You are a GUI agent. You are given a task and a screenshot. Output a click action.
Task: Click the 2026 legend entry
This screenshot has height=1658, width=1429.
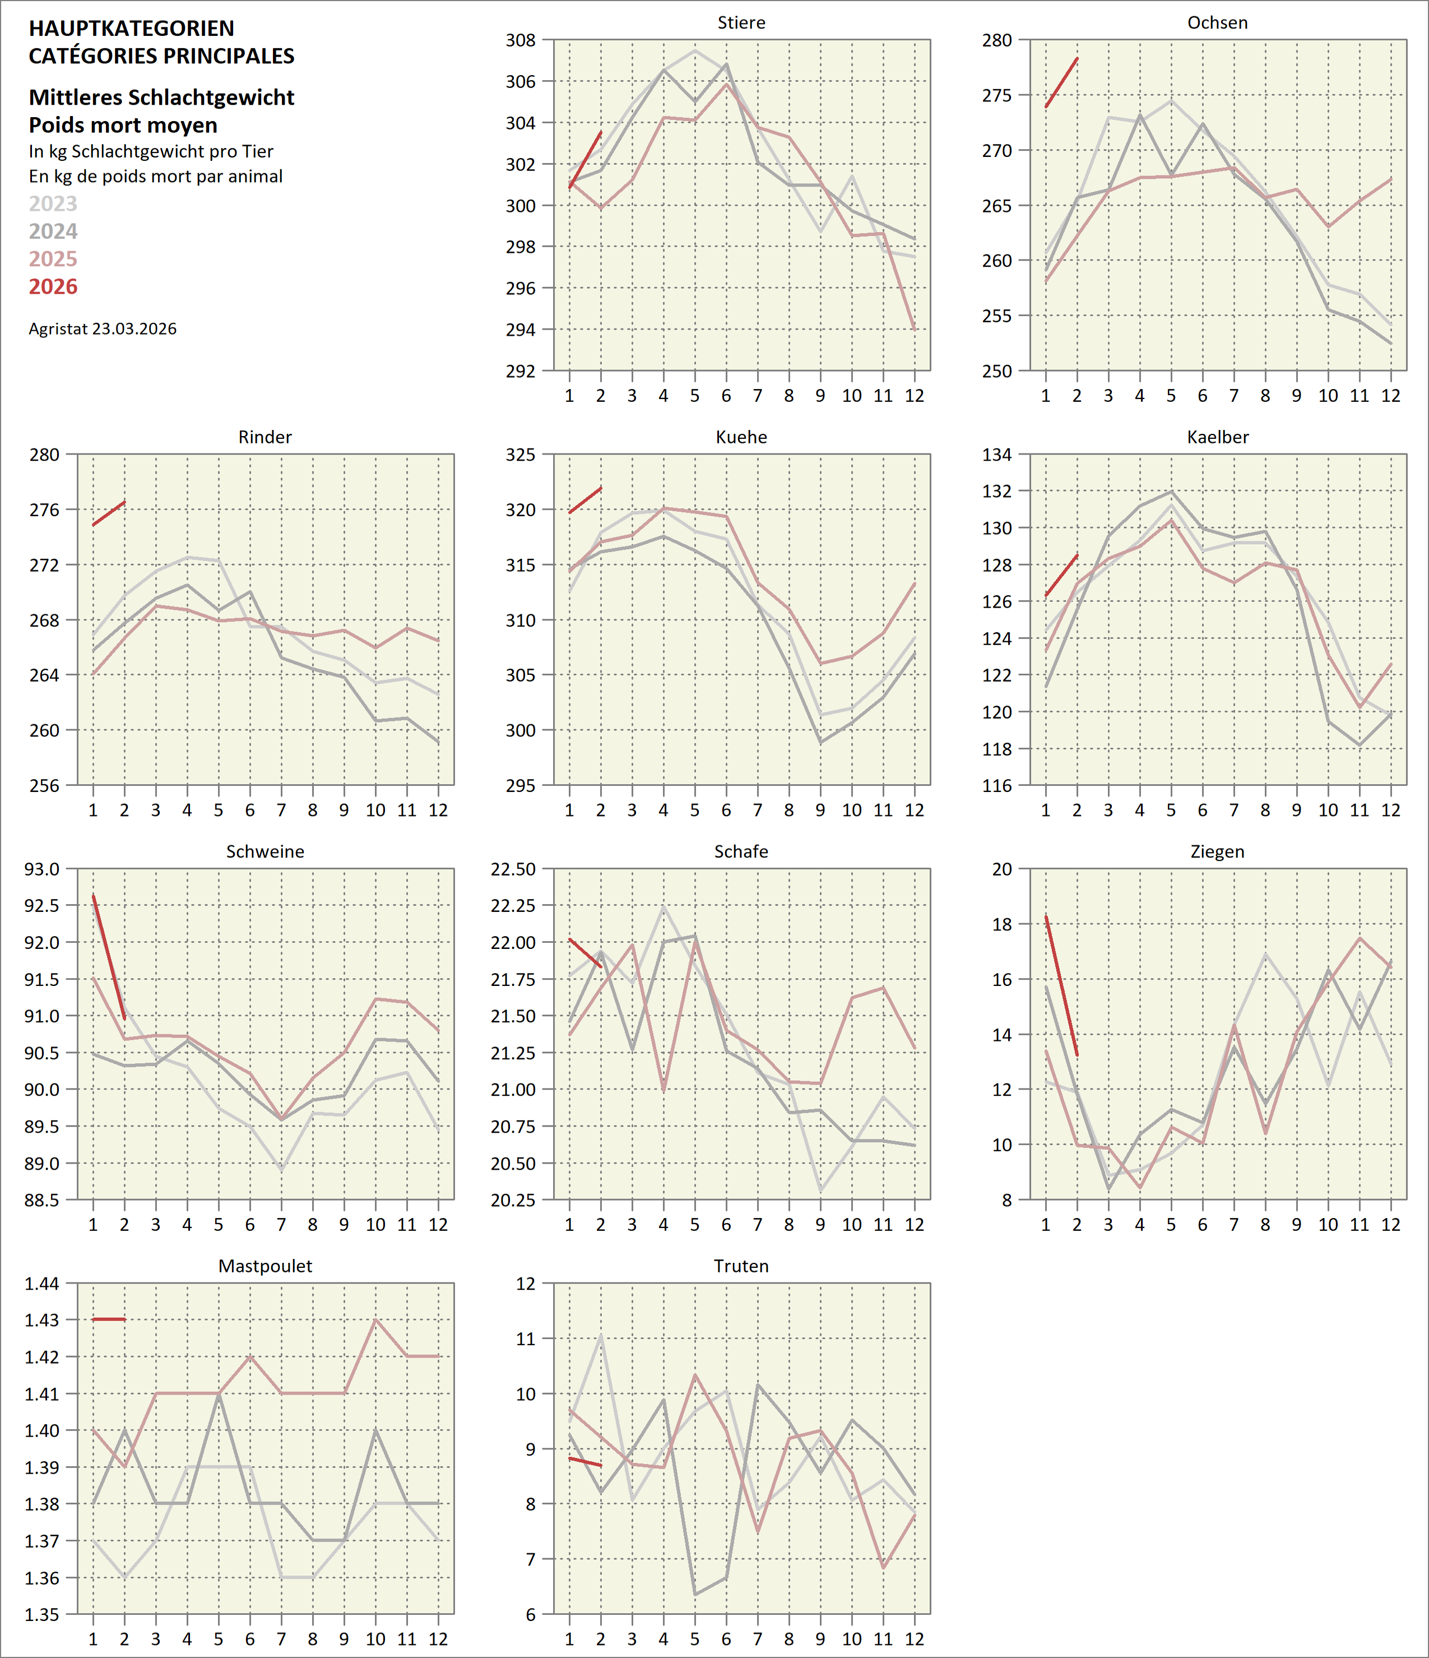(x=53, y=286)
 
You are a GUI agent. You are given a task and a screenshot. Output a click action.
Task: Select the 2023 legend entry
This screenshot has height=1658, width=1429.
(x=53, y=203)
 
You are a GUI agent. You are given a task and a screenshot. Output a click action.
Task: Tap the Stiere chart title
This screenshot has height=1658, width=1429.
(x=741, y=22)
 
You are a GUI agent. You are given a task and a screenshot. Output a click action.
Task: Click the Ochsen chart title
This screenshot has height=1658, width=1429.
(x=1217, y=22)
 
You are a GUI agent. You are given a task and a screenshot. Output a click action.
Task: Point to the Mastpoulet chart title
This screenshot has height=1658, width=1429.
(x=265, y=1266)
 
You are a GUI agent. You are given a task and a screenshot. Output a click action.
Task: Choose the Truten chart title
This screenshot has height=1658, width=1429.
(x=741, y=1266)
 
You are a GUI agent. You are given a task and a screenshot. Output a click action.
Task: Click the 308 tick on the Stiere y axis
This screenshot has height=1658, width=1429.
(x=520, y=40)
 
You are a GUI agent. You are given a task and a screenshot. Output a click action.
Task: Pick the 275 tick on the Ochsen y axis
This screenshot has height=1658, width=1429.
(x=997, y=95)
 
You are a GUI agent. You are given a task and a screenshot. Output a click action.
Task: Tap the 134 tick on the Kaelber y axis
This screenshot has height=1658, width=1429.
(x=997, y=455)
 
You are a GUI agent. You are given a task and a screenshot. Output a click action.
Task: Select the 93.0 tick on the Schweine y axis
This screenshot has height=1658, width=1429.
(x=41, y=869)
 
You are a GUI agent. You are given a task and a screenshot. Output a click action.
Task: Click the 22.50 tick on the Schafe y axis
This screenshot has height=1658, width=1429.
(x=513, y=869)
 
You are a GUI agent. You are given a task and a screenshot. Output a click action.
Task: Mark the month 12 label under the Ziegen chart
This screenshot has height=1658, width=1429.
(x=1390, y=1224)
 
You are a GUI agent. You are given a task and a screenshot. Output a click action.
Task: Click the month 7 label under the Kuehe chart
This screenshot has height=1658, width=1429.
(x=757, y=810)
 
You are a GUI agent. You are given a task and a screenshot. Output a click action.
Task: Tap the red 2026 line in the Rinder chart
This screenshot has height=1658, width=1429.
(x=109, y=513)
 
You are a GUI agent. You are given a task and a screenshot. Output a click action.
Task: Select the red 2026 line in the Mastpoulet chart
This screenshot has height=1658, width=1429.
(x=109, y=1319)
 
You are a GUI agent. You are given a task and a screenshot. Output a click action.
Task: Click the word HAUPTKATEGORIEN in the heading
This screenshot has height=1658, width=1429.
(x=131, y=28)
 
